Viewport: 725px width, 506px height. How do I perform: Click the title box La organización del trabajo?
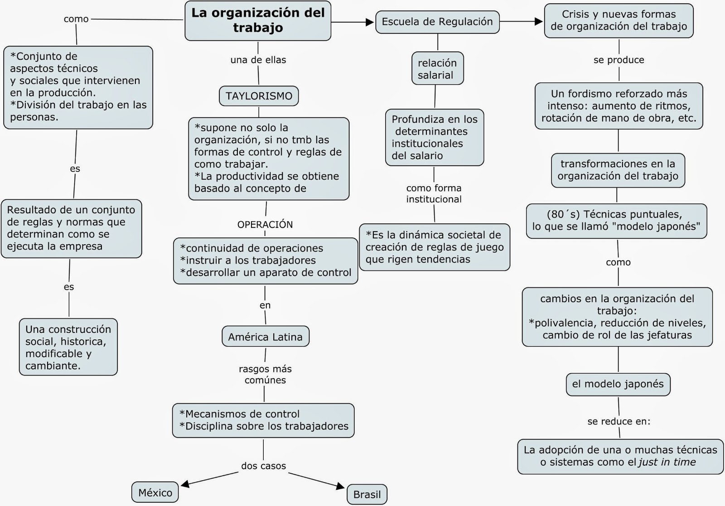point(258,20)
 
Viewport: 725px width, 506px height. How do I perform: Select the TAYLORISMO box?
point(259,96)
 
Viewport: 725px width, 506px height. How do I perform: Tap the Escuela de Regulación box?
point(437,22)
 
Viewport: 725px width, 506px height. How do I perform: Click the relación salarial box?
point(437,69)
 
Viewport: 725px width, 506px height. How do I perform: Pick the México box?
point(155,493)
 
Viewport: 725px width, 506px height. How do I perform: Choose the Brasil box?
point(367,494)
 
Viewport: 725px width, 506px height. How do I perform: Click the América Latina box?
point(265,337)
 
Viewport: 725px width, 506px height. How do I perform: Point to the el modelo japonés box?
point(618,384)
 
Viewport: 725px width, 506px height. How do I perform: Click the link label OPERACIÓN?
point(265,225)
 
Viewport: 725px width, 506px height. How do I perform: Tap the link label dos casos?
point(263,466)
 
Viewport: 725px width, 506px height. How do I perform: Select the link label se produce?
point(619,60)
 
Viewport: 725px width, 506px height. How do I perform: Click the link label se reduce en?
point(619,422)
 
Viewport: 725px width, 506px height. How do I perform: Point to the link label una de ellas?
point(258,60)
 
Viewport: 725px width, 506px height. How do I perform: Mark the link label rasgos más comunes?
point(265,375)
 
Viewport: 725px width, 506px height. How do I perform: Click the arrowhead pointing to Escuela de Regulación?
point(370,22)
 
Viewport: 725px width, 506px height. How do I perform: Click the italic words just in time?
point(667,463)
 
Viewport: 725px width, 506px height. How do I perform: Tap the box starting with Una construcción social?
point(68,347)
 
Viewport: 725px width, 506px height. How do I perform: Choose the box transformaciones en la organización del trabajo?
point(618,170)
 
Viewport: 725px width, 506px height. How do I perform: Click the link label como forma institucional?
point(434,193)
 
